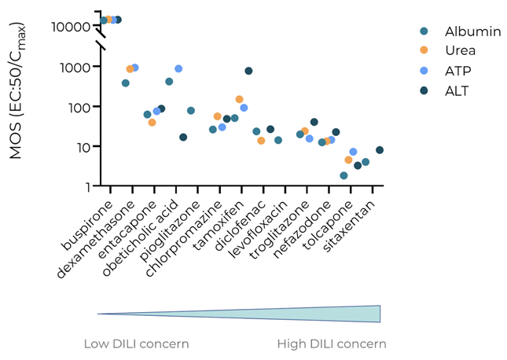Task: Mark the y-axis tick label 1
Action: click(87, 186)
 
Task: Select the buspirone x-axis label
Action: click(86, 216)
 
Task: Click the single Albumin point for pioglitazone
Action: click(191, 111)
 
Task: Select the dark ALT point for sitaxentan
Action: click(380, 150)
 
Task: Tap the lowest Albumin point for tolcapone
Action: click(344, 175)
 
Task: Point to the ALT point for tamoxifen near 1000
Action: click(248, 71)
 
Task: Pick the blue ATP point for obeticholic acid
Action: click(178, 69)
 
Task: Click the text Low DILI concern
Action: click(136, 344)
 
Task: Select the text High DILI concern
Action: click(331, 344)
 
